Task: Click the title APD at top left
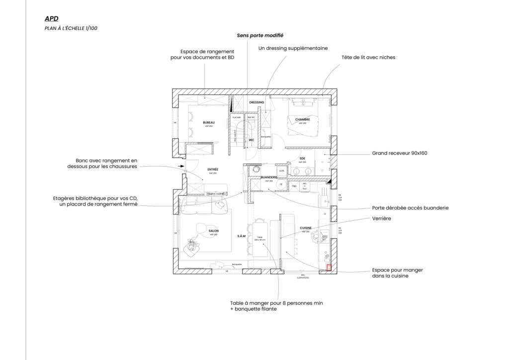point(51,18)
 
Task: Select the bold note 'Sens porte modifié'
point(259,36)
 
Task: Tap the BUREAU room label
point(209,122)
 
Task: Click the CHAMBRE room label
point(302,119)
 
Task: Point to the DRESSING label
point(256,102)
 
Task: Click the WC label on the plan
point(252,140)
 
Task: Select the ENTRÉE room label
point(213,170)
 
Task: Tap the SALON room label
point(214,231)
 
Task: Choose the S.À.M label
point(242,236)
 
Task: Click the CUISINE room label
point(305,228)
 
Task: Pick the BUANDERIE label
point(269,177)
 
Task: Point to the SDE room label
point(302,159)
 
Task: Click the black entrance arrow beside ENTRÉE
point(182,166)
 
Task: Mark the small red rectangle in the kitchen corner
point(329,268)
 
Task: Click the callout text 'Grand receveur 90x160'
point(399,153)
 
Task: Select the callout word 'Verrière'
point(382,218)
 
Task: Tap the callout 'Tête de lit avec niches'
point(368,57)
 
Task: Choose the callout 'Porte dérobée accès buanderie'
point(410,208)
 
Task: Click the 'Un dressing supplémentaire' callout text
point(293,49)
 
